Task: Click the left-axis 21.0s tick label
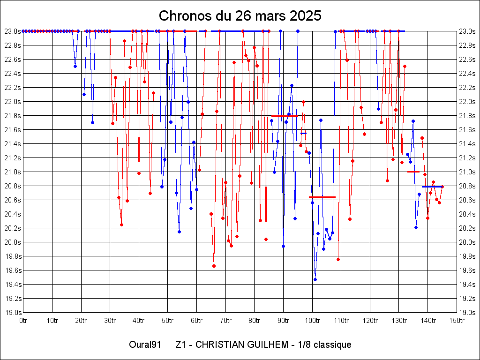pyautogui.click(x=12, y=172)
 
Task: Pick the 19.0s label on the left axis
pyautogui.click(x=12, y=313)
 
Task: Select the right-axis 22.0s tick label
pyautogui.click(x=467, y=102)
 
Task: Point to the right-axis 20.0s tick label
pyautogui.click(x=467, y=242)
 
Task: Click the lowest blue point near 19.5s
pyautogui.click(x=315, y=279)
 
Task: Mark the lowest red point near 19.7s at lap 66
pyautogui.click(x=214, y=266)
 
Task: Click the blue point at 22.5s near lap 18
pyautogui.click(x=75, y=66)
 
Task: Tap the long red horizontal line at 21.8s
pyautogui.click(x=285, y=116)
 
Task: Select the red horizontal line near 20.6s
pyautogui.click(x=322, y=197)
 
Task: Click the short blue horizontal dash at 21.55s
pyautogui.click(x=303, y=133)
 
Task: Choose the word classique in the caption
pyautogui.click(x=333, y=345)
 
